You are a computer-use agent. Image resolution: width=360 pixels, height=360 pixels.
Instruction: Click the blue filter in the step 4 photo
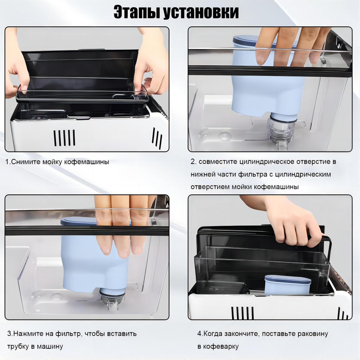(288, 286)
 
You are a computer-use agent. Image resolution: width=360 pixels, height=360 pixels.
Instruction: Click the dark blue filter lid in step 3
(79, 221)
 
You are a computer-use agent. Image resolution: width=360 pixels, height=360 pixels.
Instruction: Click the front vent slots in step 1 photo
(64, 138)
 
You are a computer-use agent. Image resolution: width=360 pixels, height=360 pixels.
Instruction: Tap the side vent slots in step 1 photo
(157, 138)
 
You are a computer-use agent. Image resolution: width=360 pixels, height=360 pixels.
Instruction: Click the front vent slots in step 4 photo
(243, 313)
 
